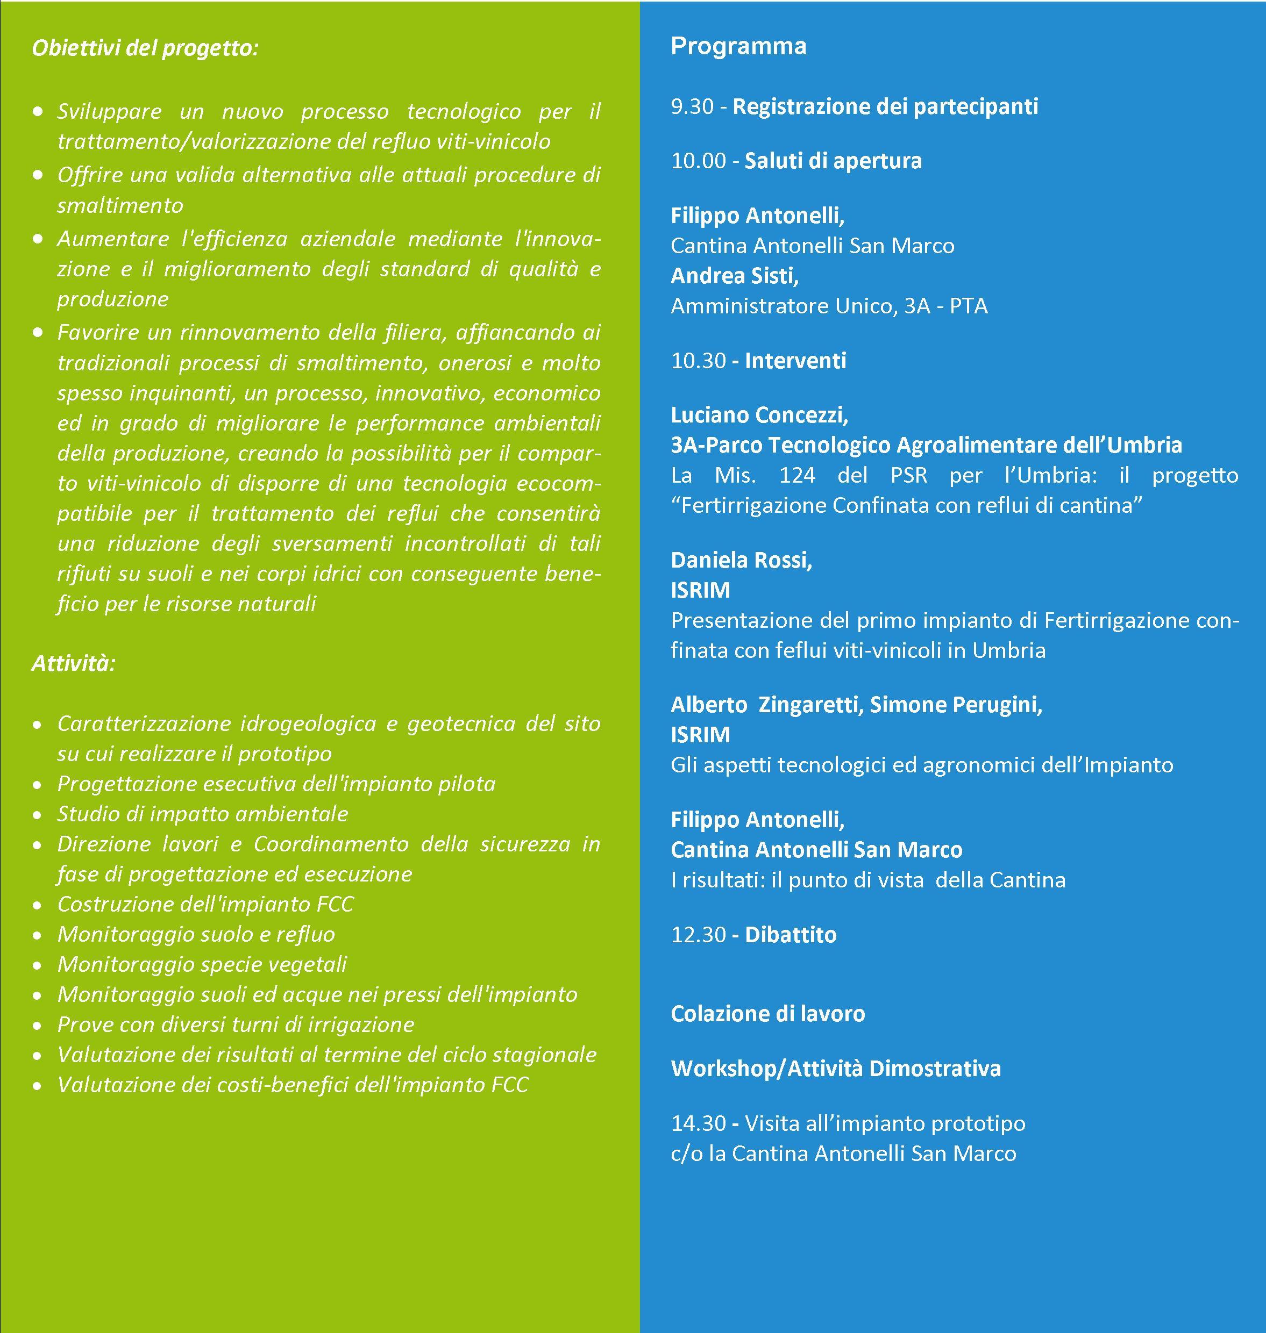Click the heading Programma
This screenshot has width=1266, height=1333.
click(x=738, y=46)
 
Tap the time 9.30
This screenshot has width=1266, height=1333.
click(x=692, y=106)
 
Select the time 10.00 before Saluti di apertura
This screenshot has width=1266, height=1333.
click(x=699, y=161)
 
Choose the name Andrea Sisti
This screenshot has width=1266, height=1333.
click(x=734, y=276)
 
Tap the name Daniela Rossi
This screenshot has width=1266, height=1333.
click(x=741, y=560)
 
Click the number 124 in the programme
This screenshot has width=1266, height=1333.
click(x=797, y=476)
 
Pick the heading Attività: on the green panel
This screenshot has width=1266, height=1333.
click(x=74, y=663)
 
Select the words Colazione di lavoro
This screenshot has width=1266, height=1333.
click(x=767, y=1014)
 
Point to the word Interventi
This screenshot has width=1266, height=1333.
click(x=795, y=361)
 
